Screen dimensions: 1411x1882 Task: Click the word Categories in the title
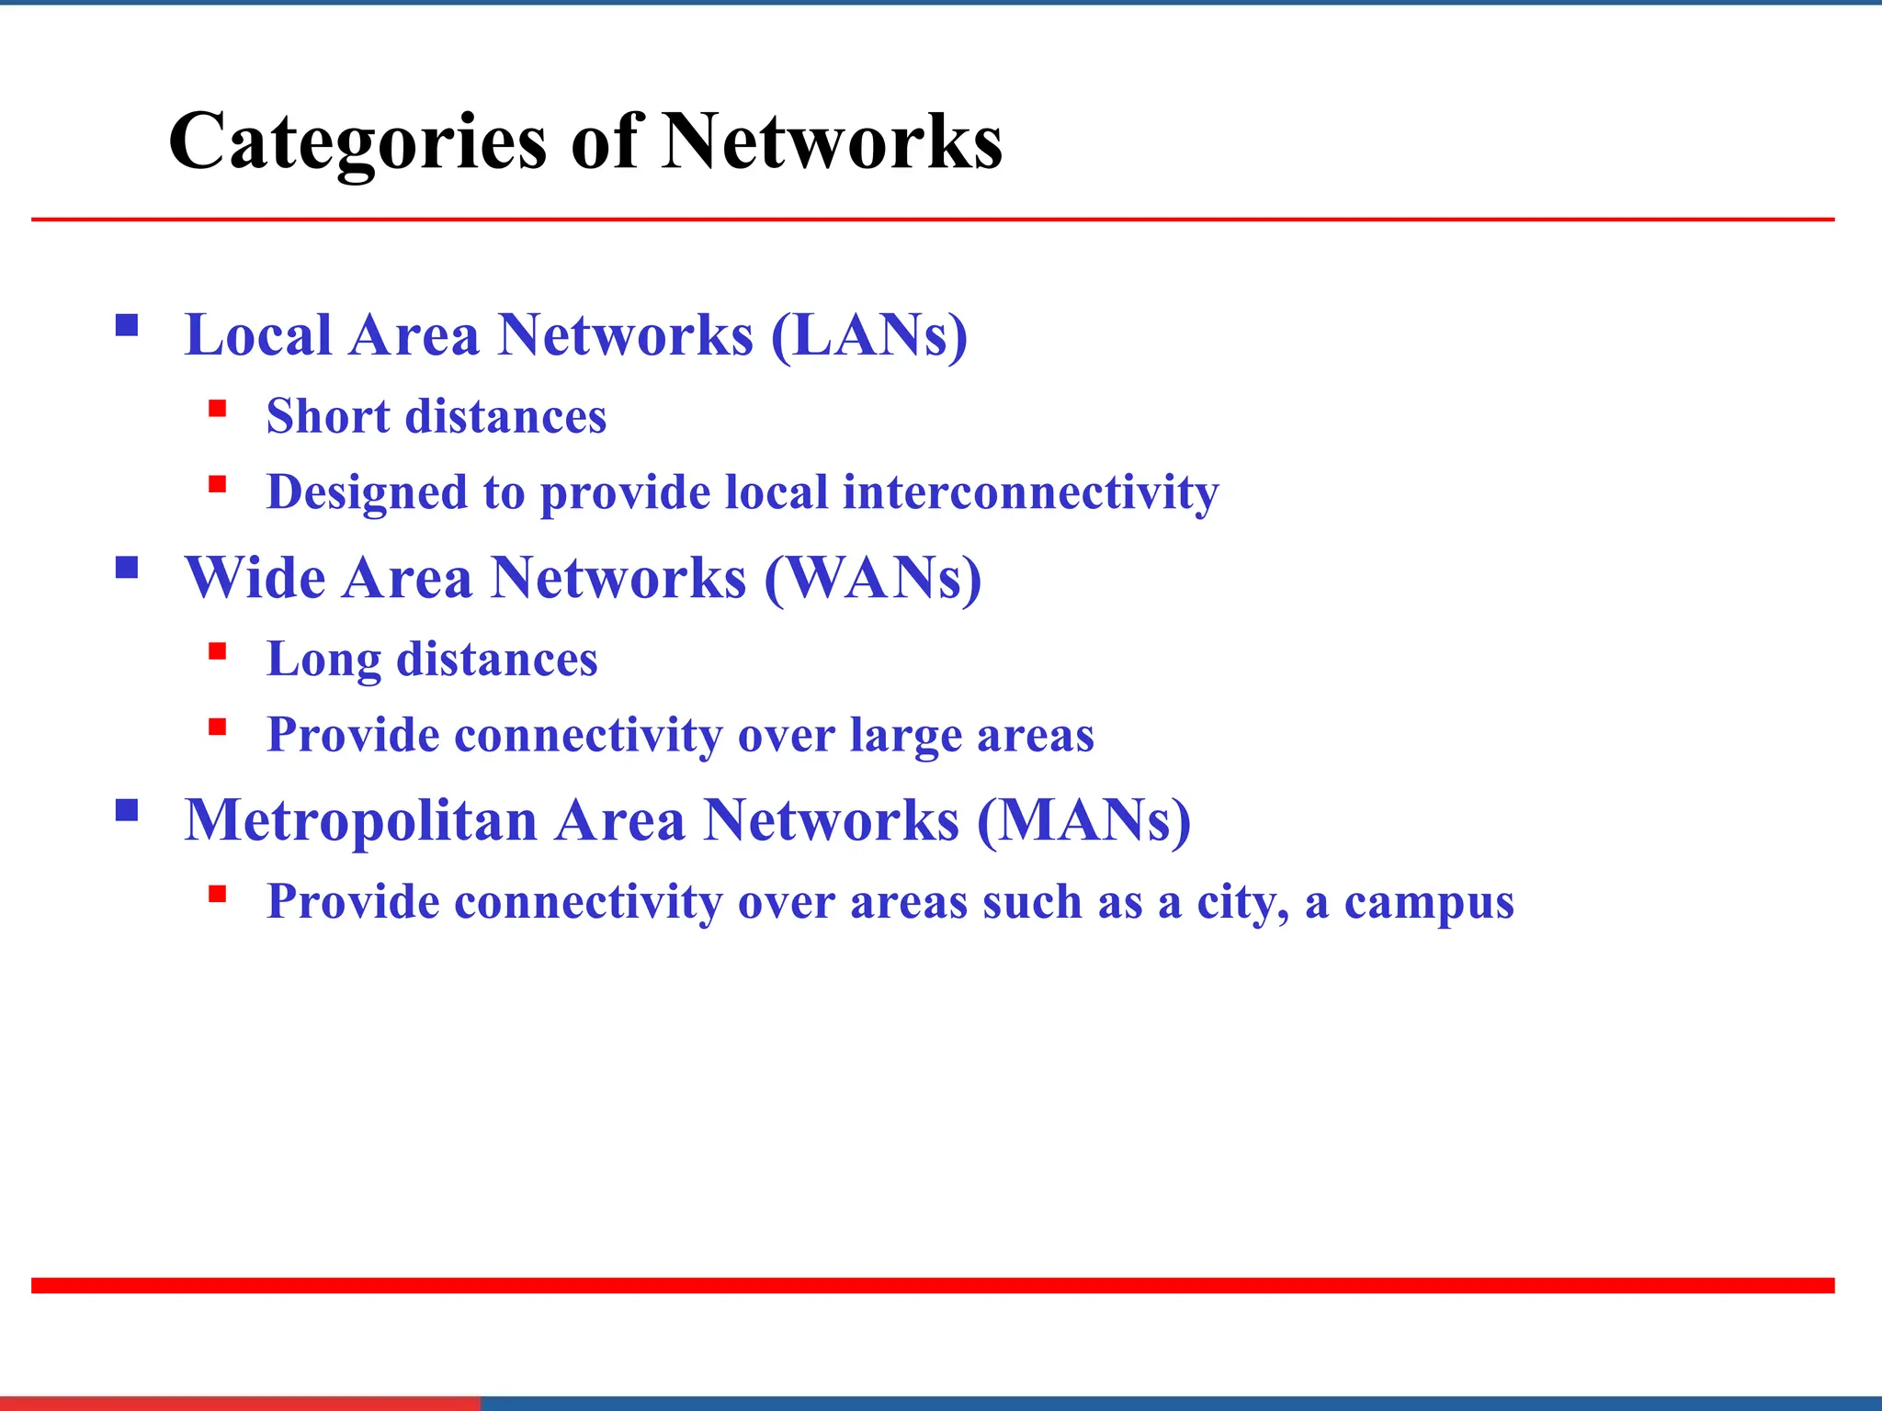tap(358, 143)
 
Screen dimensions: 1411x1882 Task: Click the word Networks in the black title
tap(832, 141)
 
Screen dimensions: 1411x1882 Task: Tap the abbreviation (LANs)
tap(868, 335)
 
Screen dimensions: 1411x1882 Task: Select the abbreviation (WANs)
tap(873, 579)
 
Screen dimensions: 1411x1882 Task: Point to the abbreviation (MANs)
tap(1083, 820)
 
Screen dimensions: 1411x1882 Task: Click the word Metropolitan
tap(360, 820)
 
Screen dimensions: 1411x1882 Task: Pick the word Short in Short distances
tap(328, 416)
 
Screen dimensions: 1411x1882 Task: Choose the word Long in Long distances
tap(323, 660)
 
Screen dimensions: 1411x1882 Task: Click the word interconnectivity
tap(1030, 492)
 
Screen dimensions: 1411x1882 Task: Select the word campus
tap(1429, 902)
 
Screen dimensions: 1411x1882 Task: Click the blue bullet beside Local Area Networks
tap(127, 325)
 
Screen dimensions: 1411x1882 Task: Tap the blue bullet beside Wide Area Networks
tap(127, 568)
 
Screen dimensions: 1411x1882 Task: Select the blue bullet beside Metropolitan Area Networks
tap(127, 810)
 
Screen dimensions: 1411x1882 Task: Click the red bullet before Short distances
tap(217, 408)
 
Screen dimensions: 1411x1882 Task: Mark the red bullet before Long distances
tap(217, 651)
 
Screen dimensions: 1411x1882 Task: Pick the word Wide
tap(255, 579)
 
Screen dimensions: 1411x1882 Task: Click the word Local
tap(257, 335)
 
